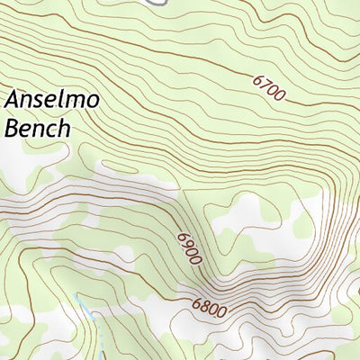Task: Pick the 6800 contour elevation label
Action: [208, 308]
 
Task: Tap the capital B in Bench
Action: [13, 128]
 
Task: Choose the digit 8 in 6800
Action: [203, 306]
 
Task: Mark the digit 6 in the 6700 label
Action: [258, 81]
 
